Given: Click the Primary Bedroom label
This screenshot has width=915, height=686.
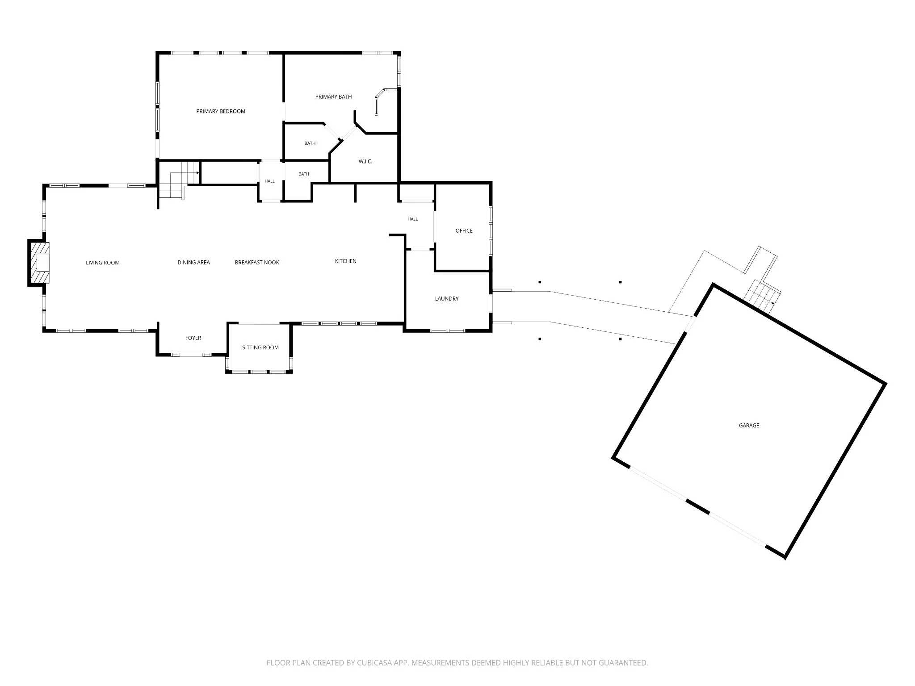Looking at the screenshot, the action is (x=221, y=111).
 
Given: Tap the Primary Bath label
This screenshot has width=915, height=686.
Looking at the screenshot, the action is (x=333, y=96).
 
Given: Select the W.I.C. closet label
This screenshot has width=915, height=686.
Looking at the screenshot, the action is (x=365, y=161).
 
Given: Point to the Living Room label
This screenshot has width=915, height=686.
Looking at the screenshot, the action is (x=103, y=263).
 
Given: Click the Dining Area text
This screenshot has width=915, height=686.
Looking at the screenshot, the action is (x=193, y=262).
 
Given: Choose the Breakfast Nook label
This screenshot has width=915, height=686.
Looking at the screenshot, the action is (x=257, y=262).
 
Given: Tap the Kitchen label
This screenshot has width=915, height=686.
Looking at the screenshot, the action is (x=346, y=261).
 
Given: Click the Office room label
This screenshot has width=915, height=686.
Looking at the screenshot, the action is (x=464, y=230).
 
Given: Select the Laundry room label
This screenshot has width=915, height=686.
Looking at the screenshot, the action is (x=447, y=298).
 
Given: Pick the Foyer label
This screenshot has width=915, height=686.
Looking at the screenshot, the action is (x=193, y=338).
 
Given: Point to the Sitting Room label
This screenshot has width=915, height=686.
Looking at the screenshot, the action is (x=260, y=347).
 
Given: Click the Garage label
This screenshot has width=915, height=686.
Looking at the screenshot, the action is (x=749, y=425).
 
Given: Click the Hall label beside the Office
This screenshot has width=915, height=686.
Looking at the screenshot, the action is (x=412, y=219).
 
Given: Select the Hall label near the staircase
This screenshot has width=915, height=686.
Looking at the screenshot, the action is (x=269, y=181).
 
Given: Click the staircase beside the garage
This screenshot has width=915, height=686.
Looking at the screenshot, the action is (x=762, y=296).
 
